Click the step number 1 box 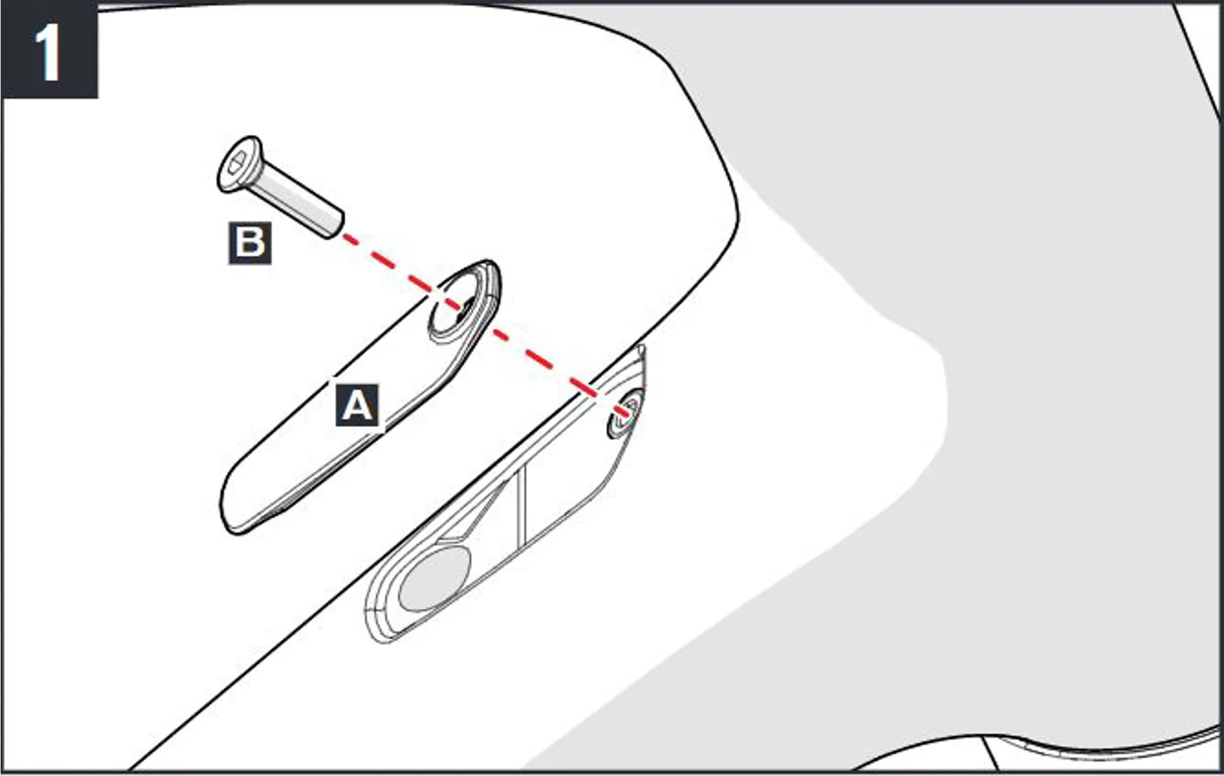pyautogui.click(x=49, y=50)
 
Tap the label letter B pyautogui.click(x=250, y=243)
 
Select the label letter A pyautogui.click(x=357, y=405)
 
